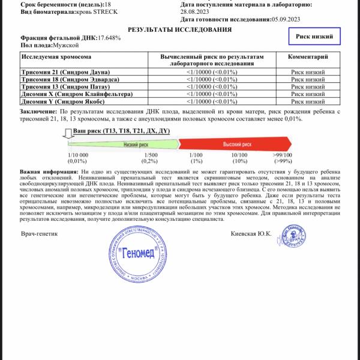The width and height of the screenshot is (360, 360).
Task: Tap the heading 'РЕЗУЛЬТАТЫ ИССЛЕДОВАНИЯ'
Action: coord(180,29)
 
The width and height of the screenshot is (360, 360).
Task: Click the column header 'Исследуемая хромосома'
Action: coord(56,56)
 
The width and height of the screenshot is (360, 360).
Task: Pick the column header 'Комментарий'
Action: coord(308,56)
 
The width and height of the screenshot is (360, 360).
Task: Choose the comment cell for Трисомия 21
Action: coord(308,72)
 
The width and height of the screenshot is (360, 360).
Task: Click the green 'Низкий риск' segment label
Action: coord(136,145)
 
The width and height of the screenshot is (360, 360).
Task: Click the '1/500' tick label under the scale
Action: coord(149,155)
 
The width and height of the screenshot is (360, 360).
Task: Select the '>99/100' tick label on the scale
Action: coord(282,155)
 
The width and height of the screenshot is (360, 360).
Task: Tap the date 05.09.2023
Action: coord(285,19)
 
